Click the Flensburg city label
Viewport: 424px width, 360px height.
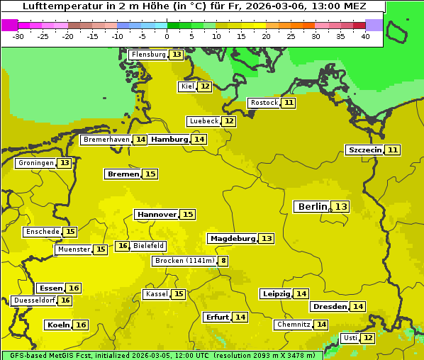coord(148,55)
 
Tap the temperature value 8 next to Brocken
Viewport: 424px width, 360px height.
coord(223,261)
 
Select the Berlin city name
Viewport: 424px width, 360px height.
coord(312,206)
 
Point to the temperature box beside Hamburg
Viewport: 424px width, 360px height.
coord(199,140)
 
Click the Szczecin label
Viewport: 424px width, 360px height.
coord(364,150)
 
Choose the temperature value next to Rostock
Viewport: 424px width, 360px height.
coord(288,103)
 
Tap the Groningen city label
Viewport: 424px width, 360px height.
coord(35,163)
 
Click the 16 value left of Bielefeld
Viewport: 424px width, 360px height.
coord(123,246)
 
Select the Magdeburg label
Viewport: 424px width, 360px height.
coord(232,238)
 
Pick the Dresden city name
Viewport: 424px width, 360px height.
coord(330,306)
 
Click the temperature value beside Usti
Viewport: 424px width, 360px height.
coord(368,338)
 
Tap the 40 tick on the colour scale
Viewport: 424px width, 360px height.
coord(365,35)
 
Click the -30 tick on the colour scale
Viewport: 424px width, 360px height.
coord(18,35)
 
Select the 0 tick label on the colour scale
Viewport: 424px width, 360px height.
coord(167,35)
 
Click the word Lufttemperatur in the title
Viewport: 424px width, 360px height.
coord(60,6)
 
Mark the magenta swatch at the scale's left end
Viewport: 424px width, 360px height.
coord(9,25)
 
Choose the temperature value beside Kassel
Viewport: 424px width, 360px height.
coord(179,294)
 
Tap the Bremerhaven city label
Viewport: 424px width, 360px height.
coord(106,140)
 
